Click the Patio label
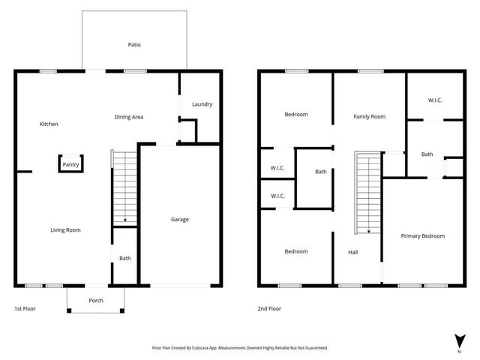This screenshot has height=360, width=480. point(133,45)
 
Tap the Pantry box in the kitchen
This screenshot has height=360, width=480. point(71,164)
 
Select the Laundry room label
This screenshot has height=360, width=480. point(202,104)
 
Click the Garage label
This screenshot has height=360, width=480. point(180,220)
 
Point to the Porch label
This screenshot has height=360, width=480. point(96,301)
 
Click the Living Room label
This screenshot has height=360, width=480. point(65,230)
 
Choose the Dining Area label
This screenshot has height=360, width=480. point(129,117)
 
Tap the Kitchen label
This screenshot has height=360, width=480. point(49,124)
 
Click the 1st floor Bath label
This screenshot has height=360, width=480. point(124,259)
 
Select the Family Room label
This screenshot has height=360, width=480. point(370,117)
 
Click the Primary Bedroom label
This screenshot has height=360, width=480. point(422,236)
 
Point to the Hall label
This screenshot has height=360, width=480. point(352,253)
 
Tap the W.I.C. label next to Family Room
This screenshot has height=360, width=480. point(435,100)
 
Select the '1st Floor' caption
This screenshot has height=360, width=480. point(25,309)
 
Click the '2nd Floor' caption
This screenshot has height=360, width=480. point(269,309)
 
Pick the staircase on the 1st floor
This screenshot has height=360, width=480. point(124,186)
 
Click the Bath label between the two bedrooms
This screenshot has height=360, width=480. point(320,172)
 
